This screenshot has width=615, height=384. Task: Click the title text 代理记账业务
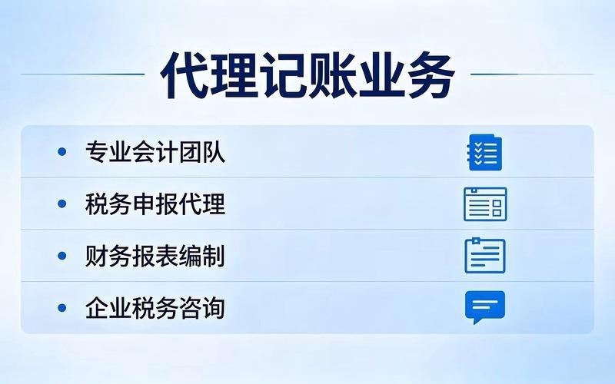pyautogui.click(x=308, y=74)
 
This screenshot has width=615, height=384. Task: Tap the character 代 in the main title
pyautogui.click(x=184, y=74)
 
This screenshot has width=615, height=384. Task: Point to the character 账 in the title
pyautogui.click(x=333, y=74)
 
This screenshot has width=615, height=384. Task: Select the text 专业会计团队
pyautogui.click(x=155, y=151)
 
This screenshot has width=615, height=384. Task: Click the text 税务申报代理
pyautogui.click(x=155, y=204)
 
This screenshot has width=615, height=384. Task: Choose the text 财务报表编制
pyautogui.click(x=155, y=256)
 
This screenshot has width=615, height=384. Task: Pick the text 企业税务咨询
pyautogui.click(x=155, y=308)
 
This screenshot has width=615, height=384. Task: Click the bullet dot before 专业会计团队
pyautogui.click(x=62, y=151)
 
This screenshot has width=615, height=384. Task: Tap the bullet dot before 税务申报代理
pyautogui.click(x=62, y=204)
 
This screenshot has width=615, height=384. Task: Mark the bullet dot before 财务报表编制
pyautogui.click(x=62, y=256)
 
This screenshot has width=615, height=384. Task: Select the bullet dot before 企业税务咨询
pyautogui.click(x=62, y=308)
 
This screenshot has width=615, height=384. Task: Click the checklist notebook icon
pyautogui.click(x=485, y=152)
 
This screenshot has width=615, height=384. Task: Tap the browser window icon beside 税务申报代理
pyautogui.click(x=485, y=204)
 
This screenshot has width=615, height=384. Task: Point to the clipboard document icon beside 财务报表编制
pyautogui.click(x=485, y=256)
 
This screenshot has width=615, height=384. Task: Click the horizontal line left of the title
pyautogui.click(x=83, y=74)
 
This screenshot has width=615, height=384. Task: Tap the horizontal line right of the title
pyautogui.click(x=532, y=74)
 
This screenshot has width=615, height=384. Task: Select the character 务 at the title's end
pyautogui.click(x=431, y=74)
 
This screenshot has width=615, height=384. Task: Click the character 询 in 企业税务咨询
pyautogui.click(x=214, y=308)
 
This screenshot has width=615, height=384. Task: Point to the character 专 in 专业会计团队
pyautogui.click(x=97, y=151)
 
